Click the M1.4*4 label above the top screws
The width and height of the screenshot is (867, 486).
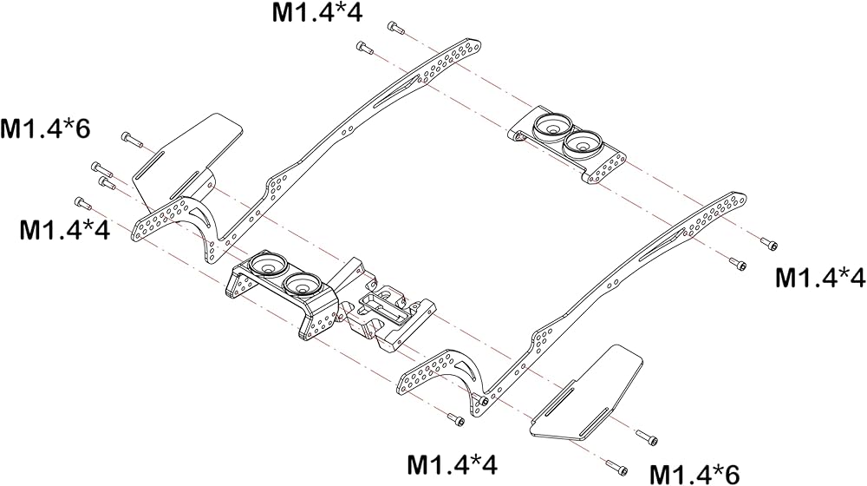tap(316, 11)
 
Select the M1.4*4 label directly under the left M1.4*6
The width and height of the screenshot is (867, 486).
tap(65, 229)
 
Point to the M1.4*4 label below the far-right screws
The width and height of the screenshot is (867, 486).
tap(820, 278)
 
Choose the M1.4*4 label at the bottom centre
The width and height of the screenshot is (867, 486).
tap(453, 464)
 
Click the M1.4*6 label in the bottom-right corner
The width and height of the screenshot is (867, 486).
tap(694, 475)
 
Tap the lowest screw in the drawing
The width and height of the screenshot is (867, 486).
tap(616, 467)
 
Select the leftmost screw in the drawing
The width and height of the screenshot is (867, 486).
tap(83, 202)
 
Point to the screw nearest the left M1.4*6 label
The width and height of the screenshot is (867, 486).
tap(131, 138)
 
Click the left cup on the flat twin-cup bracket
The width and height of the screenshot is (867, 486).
tap(551, 125)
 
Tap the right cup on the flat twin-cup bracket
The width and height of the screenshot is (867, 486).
tap(583, 141)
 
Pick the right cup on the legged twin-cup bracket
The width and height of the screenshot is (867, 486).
tap(302, 282)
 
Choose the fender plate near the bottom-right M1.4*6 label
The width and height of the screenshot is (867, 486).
tap(586, 392)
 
